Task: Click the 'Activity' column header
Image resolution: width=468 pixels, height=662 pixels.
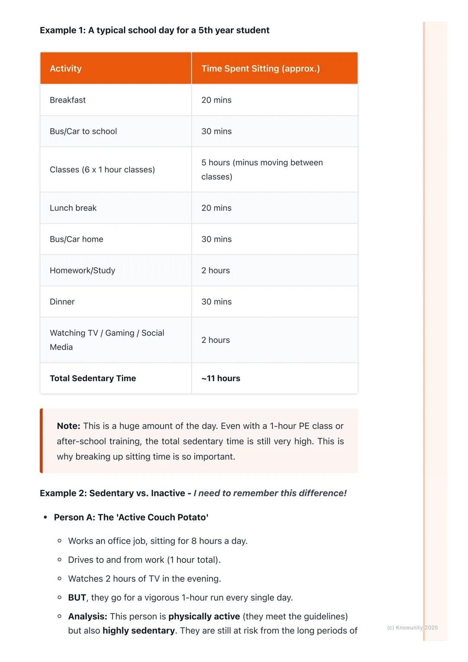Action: pyautogui.click(x=65, y=68)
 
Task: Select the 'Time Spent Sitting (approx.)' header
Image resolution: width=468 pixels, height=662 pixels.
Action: pyautogui.click(x=260, y=68)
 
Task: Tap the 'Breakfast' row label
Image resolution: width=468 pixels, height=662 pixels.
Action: pyautogui.click(x=68, y=100)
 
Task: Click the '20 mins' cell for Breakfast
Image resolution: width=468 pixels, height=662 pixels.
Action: pyautogui.click(x=216, y=100)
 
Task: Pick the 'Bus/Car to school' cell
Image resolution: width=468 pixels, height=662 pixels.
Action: pyautogui.click(x=83, y=131)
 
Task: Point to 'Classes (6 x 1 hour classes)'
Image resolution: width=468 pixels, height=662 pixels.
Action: pyautogui.click(x=102, y=169)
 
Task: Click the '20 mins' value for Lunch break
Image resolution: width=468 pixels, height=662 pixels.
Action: pyautogui.click(x=216, y=208)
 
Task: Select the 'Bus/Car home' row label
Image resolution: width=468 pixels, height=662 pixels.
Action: pyautogui.click(x=76, y=239)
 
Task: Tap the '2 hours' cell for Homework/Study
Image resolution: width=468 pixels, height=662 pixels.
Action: pyautogui.click(x=215, y=270)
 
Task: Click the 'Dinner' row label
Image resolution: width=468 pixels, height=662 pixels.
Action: pyautogui.click(x=62, y=302)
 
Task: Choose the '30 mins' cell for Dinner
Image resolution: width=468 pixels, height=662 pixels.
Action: pyautogui.click(x=216, y=302)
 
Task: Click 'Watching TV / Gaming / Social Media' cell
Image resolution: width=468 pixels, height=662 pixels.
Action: pyautogui.click(x=107, y=340)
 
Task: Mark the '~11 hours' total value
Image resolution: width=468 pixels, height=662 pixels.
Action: pyautogui.click(x=221, y=378)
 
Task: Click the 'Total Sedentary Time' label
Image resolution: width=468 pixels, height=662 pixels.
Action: pyautogui.click(x=93, y=378)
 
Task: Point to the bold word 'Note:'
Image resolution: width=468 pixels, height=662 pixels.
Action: pyautogui.click(x=68, y=426)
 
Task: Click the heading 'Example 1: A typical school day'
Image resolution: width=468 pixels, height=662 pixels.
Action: pyautogui.click(x=154, y=30)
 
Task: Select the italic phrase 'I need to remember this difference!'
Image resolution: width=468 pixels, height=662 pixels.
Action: pyautogui.click(x=270, y=493)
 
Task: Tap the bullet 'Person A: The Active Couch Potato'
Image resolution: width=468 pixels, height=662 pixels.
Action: pyautogui.click(x=131, y=517)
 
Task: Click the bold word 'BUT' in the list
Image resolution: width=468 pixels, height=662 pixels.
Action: pyautogui.click(x=77, y=597)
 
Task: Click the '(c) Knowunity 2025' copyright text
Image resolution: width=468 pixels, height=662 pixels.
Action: pyautogui.click(x=412, y=627)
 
